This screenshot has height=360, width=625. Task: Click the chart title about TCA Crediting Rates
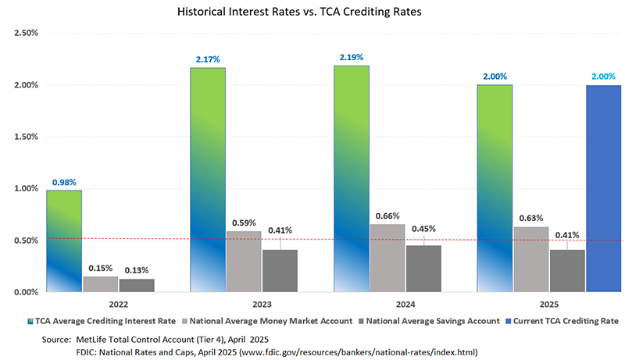coord(312,13)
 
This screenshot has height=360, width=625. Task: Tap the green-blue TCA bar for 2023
coord(208,180)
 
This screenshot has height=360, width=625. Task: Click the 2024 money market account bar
coord(387,258)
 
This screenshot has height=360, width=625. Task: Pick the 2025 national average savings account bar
coord(566,270)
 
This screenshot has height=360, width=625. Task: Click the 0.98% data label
coord(64,183)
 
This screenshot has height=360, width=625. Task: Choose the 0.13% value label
coord(136,270)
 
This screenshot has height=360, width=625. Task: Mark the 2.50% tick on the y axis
coord(27,34)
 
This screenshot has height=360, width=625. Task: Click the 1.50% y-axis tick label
coord(27,137)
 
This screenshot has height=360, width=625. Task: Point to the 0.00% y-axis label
coord(27,292)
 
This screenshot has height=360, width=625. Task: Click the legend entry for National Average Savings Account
coord(427,321)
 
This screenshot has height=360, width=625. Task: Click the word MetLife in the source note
coord(95,340)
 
